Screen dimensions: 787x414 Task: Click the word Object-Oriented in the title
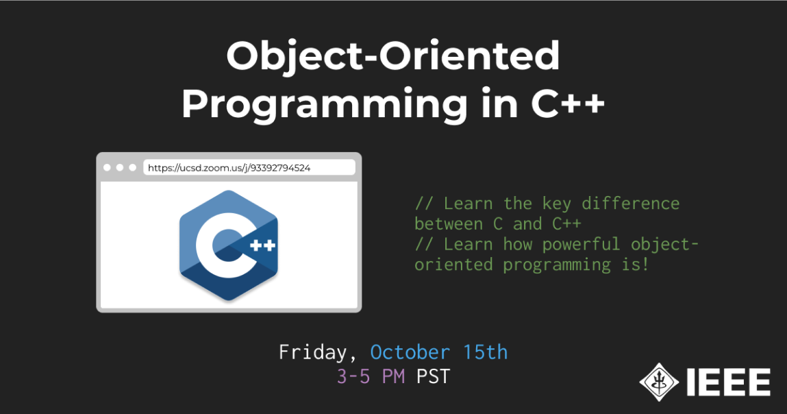393,56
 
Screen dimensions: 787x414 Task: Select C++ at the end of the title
568,103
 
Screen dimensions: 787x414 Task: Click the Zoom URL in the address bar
229,168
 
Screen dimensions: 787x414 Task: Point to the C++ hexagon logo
228,245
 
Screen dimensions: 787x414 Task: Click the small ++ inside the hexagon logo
262,245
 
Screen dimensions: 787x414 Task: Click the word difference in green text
630,204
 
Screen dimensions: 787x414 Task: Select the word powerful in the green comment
582,244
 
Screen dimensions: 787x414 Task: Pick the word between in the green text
449,223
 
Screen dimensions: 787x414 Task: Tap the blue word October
410,352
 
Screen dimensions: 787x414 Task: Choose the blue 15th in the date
486,352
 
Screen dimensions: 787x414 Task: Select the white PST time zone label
433,376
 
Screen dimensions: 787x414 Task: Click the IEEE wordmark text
728,382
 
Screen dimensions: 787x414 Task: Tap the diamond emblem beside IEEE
659,382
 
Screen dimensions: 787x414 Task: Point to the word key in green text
557,204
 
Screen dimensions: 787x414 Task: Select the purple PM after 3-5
393,376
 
